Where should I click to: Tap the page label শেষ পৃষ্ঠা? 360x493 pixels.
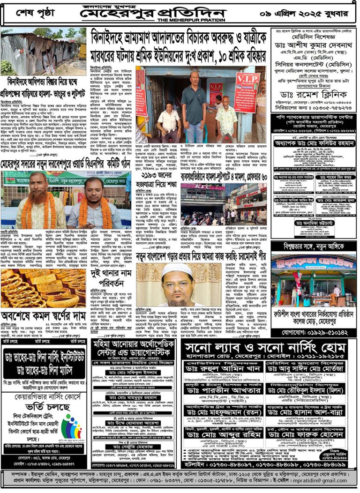pos(35,11)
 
